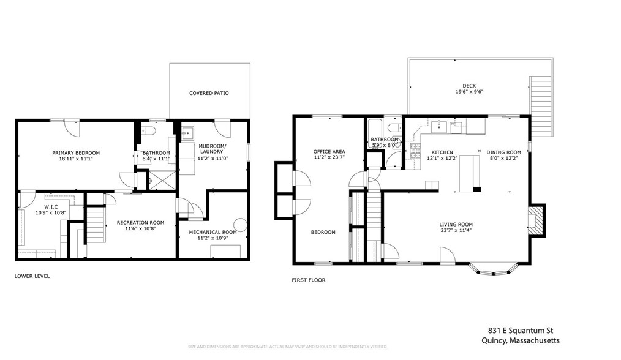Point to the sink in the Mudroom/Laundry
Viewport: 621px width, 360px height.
(x=188, y=133)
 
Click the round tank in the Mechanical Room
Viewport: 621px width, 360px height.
(x=240, y=225)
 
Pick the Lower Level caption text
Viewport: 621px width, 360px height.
(x=32, y=276)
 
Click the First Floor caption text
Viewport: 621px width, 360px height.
(x=308, y=280)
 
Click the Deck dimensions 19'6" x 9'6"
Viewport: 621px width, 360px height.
(x=469, y=92)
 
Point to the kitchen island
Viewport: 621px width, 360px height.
(x=470, y=173)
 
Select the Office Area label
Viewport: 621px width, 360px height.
(x=329, y=151)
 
